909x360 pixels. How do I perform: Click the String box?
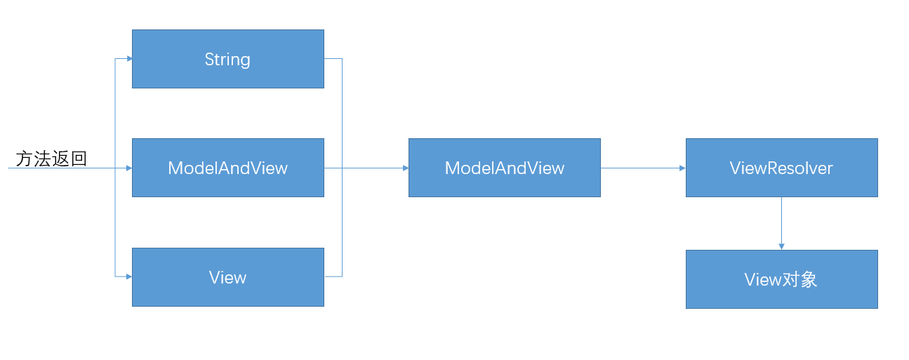pos(228,59)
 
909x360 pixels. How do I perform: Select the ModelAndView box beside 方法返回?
pos(228,168)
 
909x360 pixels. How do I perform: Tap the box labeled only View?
pos(228,277)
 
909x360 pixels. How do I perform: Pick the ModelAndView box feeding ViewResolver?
pos(505,168)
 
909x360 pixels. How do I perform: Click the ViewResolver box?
pos(782,168)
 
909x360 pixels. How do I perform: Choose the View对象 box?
pos(782,279)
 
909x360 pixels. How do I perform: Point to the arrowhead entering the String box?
pos(129,59)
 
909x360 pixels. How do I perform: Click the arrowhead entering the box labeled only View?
pos(129,276)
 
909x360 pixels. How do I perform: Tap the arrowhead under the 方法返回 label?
pos(129,168)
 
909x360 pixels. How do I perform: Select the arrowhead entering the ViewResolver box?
pos(683,168)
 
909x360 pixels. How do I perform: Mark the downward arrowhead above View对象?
pos(781,247)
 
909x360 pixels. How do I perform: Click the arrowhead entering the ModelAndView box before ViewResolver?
pos(406,168)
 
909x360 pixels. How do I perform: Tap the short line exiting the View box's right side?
pos(333,276)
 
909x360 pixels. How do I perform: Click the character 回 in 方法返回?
pos(79,159)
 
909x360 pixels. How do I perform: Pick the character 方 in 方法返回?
pos(24,159)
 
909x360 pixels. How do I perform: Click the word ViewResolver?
pos(781,168)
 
